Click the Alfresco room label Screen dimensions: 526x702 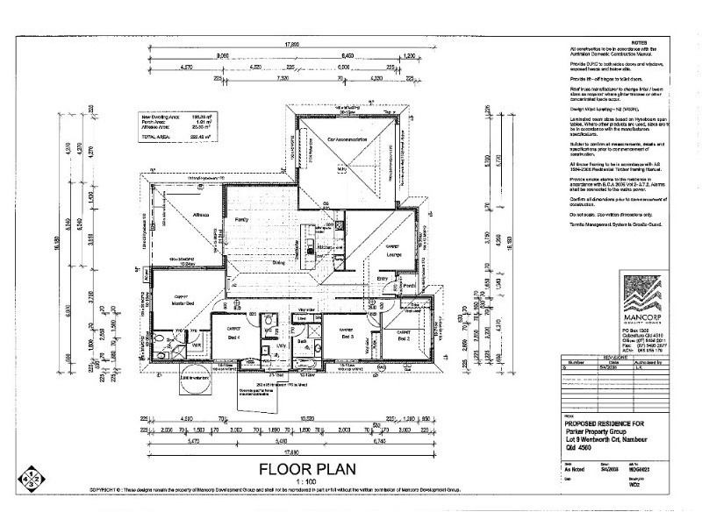[200, 212]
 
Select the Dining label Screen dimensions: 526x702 [278, 261]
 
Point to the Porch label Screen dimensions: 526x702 [408, 286]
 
